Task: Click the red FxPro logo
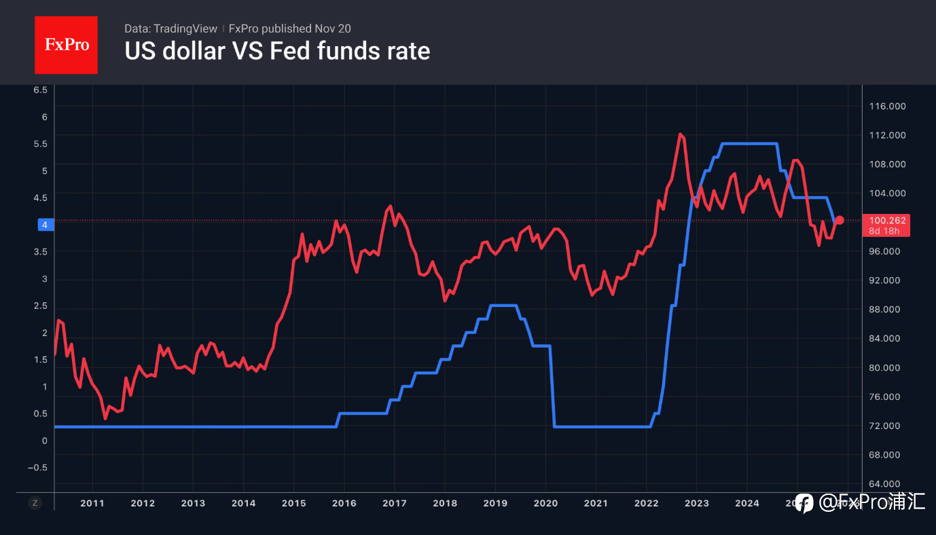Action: (x=66, y=45)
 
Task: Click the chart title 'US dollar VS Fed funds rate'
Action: (x=277, y=51)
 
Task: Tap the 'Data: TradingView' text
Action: (x=170, y=29)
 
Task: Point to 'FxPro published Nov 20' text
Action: (x=290, y=29)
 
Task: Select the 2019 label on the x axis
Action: (x=494, y=503)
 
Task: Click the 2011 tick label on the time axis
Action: (x=92, y=503)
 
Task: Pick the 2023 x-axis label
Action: (x=696, y=503)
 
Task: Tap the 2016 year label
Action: (x=344, y=503)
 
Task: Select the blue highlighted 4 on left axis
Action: (x=44, y=225)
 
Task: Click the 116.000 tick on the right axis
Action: (x=888, y=106)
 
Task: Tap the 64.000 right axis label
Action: (x=888, y=484)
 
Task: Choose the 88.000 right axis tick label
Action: (x=888, y=310)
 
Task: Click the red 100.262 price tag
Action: (x=888, y=221)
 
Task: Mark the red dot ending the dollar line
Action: (x=840, y=220)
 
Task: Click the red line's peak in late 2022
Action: (x=680, y=134)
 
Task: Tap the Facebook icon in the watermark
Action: (x=804, y=503)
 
